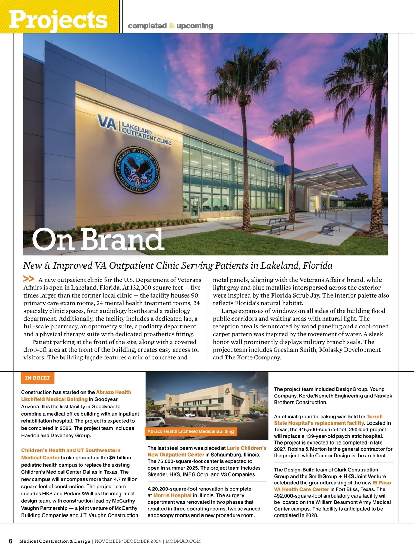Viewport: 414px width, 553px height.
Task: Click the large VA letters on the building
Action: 107,123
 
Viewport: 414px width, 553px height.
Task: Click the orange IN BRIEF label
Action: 38,378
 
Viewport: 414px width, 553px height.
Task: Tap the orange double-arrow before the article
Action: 29,279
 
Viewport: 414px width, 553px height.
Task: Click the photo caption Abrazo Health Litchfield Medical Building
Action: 190,431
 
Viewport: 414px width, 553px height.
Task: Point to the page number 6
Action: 10,541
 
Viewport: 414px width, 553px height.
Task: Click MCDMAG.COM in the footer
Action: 183,541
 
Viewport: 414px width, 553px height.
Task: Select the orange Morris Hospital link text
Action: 172,495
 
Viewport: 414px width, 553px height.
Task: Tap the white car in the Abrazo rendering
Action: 156,421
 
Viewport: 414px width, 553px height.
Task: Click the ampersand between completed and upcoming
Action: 172,26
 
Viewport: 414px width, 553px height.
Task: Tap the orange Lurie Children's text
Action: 246,448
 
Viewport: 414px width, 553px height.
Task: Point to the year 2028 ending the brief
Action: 311,515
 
